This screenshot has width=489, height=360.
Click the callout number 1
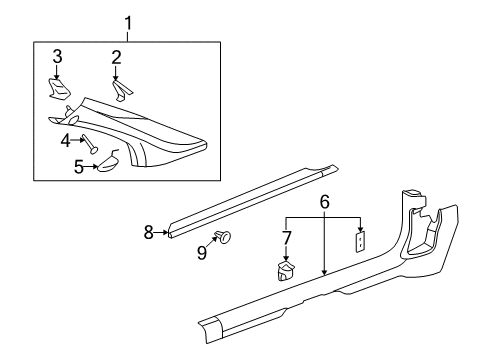pyautogui.click(x=126, y=22)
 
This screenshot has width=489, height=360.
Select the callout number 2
pyautogui.click(x=116, y=57)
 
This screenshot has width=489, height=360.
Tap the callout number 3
pyautogui.click(x=57, y=56)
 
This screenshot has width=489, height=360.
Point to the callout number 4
pyautogui.click(x=65, y=139)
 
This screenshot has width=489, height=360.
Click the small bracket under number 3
pyautogui.click(x=58, y=88)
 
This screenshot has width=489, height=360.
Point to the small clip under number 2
pyautogui.click(x=121, y=91)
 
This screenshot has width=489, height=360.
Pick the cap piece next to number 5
pyautogui.click(x=108, y=160)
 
